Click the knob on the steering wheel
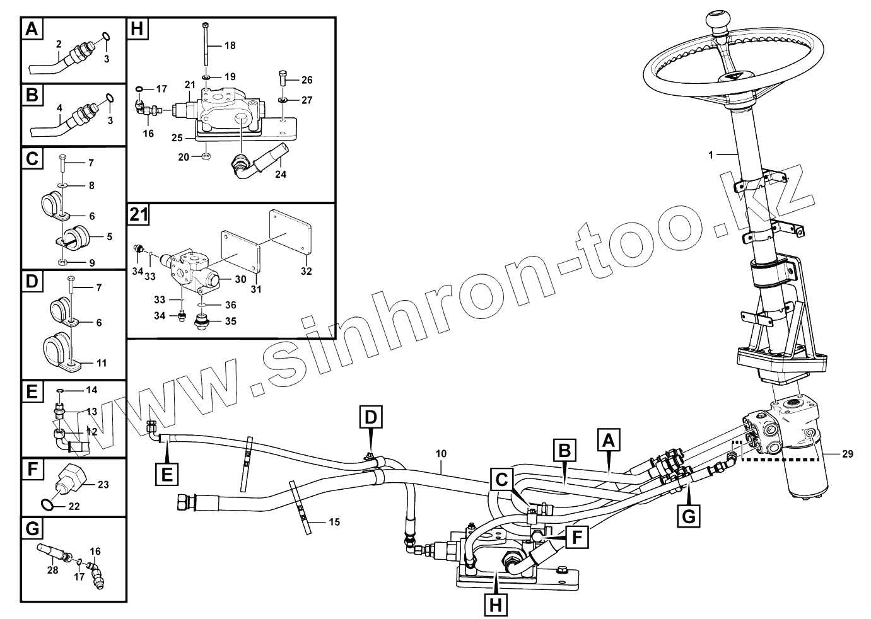click(x=717, y=21)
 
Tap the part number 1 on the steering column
click(x=711, y=154)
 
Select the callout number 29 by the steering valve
click(x=846, y=453)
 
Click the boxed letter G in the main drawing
click(x=689, y=516)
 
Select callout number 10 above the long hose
click(x=441, y=453)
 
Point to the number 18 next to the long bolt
click(x=230, y=45)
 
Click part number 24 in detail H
click(x=281, y=175)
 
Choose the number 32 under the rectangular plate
click(x=306, y=272)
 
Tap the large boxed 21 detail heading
click(x=139, y=215)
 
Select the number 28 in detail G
click(x=53, y=570)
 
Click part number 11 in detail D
click(x=101, y=363)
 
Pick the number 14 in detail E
click(x=92, y=390)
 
